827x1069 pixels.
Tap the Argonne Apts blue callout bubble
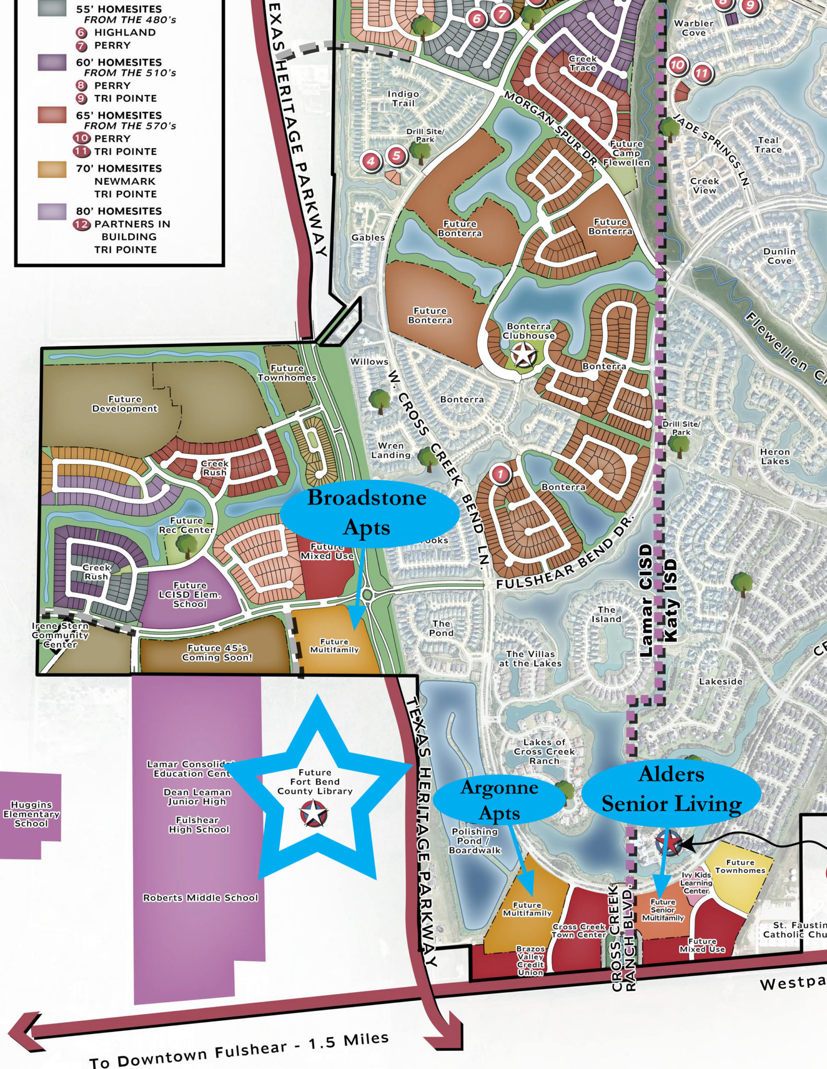coord(499,800)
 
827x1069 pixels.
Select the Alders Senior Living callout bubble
coord(671,789)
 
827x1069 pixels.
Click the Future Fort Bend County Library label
coord(315,781)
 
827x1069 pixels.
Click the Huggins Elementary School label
coord(31,814)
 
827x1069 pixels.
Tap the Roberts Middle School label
coord(200,898)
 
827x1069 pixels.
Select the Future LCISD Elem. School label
coord(190,595)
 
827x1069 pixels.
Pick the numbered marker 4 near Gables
coord(371,161)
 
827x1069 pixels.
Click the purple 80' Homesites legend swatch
coord(52,211)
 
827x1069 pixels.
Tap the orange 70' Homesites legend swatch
coord(52,169)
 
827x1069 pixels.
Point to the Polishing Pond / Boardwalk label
coord(474,841)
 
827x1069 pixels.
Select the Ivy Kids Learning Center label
coord(696,883)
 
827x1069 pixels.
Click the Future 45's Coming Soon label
coord(217,652)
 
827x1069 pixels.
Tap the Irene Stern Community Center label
coord(60,635)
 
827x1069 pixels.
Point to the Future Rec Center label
coord(186,525)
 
